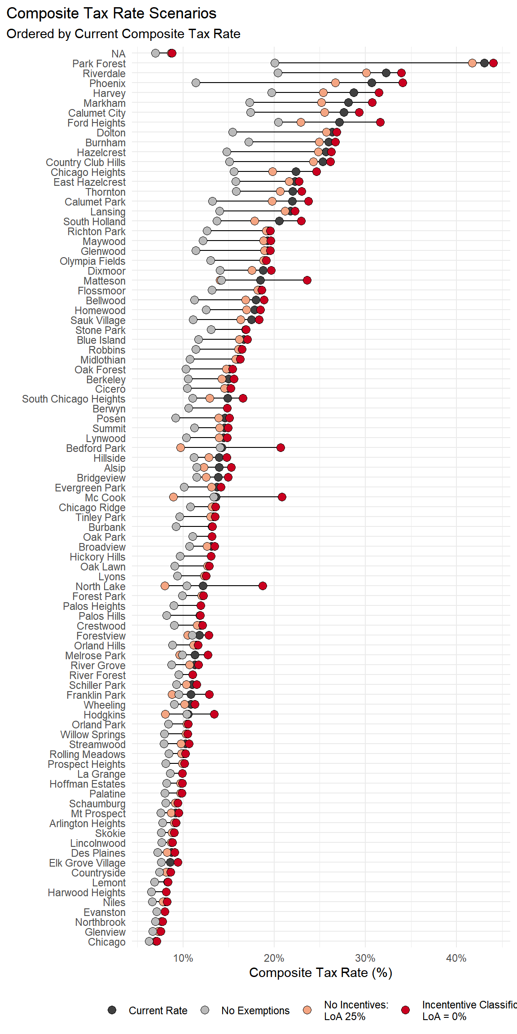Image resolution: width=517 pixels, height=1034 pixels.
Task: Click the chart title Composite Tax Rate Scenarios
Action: (x=111, y=13)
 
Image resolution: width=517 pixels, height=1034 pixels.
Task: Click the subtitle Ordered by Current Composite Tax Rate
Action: (x=123, y=34)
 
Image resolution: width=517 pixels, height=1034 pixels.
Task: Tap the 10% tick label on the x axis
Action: (x=183, y=958)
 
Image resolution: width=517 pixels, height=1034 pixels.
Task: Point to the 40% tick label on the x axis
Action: (x=456, y=958)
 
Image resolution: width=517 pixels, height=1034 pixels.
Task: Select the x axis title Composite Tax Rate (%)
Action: (x=320, y=973)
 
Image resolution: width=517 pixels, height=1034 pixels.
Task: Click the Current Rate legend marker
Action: (x=112, y=1010)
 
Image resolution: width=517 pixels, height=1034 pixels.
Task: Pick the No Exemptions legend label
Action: (x=255, y=1011)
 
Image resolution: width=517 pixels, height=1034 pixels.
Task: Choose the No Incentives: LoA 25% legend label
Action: (x=356, y=1011)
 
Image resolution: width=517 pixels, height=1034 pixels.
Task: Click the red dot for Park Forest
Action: (x=493, y=63)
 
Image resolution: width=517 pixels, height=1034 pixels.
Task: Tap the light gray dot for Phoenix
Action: (x=196, y=83)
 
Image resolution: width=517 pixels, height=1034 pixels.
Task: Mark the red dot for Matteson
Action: (x=307, y=280)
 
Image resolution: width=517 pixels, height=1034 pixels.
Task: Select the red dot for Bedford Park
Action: (x=280, y=447)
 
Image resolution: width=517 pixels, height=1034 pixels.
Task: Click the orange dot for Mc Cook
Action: (x=173, y=497)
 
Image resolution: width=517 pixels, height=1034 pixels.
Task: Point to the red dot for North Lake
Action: (x=263, y=586)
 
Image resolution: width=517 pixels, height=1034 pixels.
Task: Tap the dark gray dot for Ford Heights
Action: (x=339, y=122)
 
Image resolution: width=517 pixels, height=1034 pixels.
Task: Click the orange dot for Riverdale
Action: (x=366, y=73)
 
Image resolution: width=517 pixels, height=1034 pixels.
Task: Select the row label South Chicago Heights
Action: (x=74, y=399)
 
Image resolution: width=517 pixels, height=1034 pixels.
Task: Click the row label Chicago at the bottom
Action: (x=106, y=942)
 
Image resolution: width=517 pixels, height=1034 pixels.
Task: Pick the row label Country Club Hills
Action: (x=85, y=162)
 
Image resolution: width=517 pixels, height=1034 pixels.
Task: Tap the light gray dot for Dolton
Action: (x=232, y=132)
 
